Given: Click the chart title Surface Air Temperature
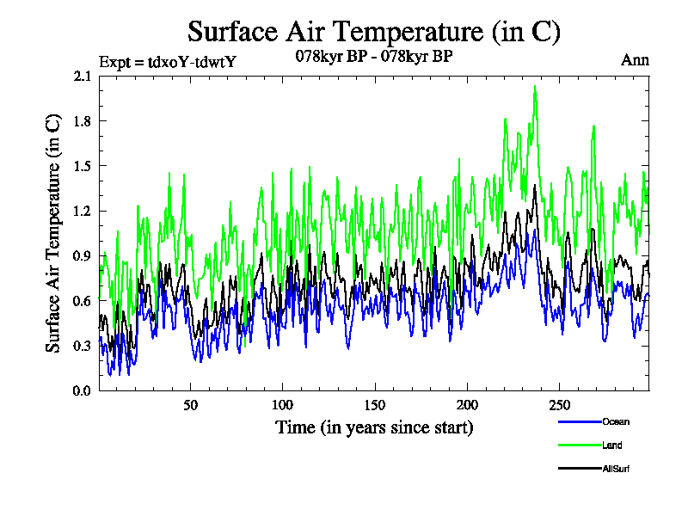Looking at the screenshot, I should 374,32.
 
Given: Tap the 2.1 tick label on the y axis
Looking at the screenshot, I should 83,76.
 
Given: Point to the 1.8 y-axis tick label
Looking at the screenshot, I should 83,120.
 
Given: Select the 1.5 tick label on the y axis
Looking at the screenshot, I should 83,166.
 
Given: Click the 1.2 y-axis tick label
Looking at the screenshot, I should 83,211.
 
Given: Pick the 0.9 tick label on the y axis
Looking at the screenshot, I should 83,255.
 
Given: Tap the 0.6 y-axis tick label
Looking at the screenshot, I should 83,300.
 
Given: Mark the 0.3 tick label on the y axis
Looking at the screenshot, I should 83,346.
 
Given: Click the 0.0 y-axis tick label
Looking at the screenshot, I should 83,390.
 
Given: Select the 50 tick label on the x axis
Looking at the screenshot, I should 191,405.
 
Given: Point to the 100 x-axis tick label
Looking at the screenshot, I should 283,405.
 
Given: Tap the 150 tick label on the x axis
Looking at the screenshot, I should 375,405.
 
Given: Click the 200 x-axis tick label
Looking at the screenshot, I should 467,405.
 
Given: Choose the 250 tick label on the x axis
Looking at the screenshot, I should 559,405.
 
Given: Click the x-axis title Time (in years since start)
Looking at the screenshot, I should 374,427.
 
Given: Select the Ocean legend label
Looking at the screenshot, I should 616,421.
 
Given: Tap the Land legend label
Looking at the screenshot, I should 612,445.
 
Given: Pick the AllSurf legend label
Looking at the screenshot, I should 617,469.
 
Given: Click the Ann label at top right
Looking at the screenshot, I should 635,60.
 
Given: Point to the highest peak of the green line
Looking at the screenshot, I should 535,86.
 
